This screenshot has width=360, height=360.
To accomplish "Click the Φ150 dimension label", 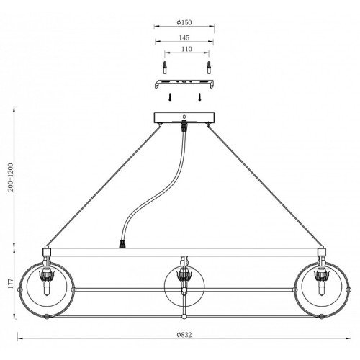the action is (184, 22).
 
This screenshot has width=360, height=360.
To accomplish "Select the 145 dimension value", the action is (184, 37).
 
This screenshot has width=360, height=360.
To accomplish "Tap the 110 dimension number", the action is (186, 49).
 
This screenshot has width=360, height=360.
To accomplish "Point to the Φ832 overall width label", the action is (184, 335).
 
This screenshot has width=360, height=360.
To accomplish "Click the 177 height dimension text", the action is (11, 284).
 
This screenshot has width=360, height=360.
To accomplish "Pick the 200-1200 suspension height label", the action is (11, 177).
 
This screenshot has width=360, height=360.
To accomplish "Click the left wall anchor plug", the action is (165, 68).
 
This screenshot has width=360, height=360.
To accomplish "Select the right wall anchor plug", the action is (209, 68).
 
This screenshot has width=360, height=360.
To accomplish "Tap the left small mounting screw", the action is (169, 97).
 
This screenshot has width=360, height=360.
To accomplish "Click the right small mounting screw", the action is (199, 97).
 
